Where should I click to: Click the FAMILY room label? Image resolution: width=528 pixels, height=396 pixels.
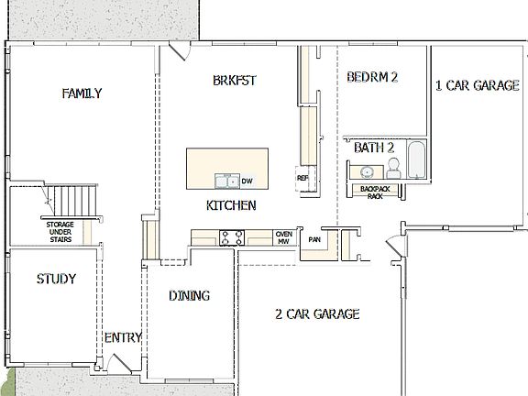point(82,93)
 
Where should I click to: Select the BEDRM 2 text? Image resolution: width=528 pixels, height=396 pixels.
point(371,78)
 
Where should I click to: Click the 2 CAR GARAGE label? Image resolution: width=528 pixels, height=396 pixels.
point(317,314)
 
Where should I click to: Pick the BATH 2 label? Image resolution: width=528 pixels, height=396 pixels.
point(374,147)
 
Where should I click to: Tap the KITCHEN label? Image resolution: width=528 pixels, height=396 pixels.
point(230,205)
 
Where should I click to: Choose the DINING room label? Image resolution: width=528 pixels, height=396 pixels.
point(190,295)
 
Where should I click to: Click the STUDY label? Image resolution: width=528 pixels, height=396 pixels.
point(56,279)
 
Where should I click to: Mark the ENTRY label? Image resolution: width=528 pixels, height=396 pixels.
point(122,337)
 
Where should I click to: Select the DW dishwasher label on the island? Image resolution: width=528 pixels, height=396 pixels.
point(247,181)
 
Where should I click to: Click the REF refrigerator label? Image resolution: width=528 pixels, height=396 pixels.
point(302,178)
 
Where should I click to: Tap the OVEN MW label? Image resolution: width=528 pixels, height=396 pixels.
point(284,237)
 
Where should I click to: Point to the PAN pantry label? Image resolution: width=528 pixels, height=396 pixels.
point(313,240)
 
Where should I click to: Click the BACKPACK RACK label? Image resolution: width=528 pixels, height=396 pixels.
point(374,192)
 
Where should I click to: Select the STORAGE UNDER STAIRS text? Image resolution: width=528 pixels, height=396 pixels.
point(60,231)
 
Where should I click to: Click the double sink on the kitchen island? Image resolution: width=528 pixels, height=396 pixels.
point(226,180)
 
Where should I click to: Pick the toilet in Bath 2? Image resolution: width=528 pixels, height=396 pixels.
point(394,166)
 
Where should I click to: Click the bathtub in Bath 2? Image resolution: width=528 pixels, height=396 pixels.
point(416,161)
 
